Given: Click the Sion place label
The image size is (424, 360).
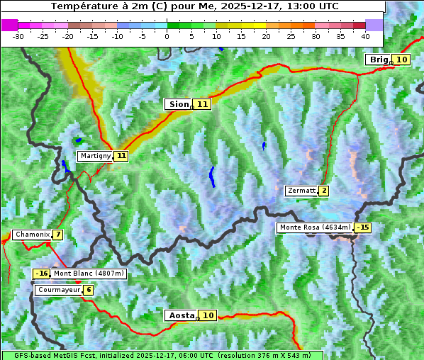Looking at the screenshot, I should click(179, 104).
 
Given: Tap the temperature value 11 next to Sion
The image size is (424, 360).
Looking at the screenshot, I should click(203, 104).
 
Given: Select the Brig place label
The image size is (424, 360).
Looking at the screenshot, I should click(379, 60).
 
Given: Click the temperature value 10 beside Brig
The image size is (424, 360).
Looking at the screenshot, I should click(401, 60).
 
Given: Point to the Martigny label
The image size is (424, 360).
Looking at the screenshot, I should click(96, 155).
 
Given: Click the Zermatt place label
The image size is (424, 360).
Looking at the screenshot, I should click(301, 191).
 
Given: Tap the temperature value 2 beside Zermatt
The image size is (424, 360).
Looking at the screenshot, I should click(324, 191).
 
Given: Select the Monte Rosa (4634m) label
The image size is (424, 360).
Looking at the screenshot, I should click(316, 227).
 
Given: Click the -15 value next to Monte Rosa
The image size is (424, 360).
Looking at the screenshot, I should click(363, 227).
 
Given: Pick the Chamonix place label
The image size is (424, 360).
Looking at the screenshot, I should click(31, 235).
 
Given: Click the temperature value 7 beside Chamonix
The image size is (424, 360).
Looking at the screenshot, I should click(57, 235).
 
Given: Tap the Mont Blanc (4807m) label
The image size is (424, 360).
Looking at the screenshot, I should click(88, 274).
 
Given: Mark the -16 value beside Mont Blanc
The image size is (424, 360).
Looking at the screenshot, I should click(41, 274).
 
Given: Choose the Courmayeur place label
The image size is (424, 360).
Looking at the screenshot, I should click(59, 290).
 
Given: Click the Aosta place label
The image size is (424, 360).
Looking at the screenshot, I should click(180, 315).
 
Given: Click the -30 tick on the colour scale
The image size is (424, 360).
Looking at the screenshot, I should click(18, 35).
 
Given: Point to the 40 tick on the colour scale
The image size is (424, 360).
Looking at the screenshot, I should click(365, 35).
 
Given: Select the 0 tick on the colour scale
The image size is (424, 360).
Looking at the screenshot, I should click(167, 35).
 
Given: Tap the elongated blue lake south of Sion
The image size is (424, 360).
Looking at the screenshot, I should click(211, 176).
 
